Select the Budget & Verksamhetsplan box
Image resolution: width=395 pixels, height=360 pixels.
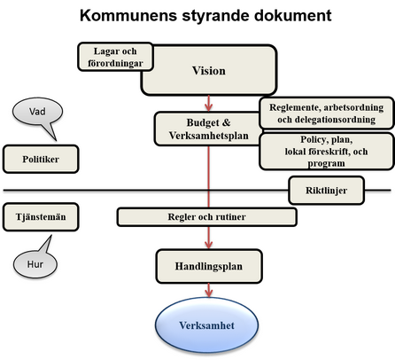click(207, 129)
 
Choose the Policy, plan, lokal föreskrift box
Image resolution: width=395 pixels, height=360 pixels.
click(325, 151)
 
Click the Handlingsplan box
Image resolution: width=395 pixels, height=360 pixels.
click(209, 264)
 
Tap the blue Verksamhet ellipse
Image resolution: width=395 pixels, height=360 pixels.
click(209, 325)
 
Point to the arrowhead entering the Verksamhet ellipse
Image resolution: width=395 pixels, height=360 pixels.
click(209, 296)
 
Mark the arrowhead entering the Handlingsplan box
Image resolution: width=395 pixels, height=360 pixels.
click(209, 244)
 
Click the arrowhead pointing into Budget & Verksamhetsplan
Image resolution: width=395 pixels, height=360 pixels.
click(209, 106)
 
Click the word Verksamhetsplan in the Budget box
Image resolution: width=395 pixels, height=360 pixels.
click(207, 137)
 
